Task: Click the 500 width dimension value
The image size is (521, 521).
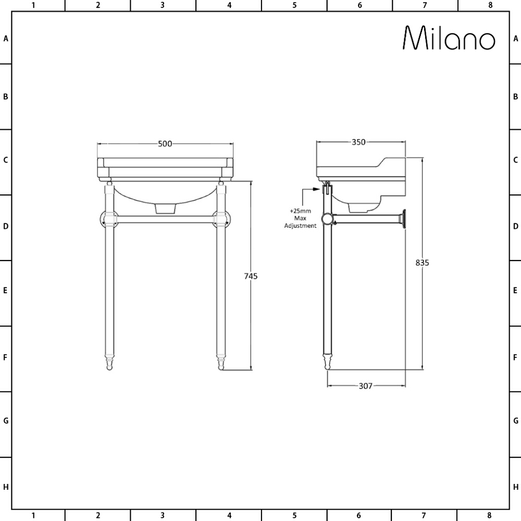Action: coord(165,144)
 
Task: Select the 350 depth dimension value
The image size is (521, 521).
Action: coord(358,142)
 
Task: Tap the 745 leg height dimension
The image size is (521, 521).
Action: coord(251,276)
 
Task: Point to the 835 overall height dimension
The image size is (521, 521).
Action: coord(422,263)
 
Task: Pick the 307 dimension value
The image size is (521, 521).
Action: coord(366,386)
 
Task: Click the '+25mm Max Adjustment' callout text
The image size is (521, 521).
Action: coord(300,218)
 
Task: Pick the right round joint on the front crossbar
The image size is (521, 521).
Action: coord(221,219)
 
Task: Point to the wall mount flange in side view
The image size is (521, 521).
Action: coord(403,219)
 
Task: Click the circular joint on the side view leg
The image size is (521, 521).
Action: coord(327,219)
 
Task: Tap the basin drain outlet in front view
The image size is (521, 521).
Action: coord(165,208)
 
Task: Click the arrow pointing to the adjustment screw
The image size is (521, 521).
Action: coord(314,190)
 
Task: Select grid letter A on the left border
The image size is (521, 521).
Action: coord(6,39)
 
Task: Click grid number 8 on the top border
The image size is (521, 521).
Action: coord(490,5)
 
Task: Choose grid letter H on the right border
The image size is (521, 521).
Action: coord(515,487)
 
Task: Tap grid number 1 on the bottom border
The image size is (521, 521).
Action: coord(33,516)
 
